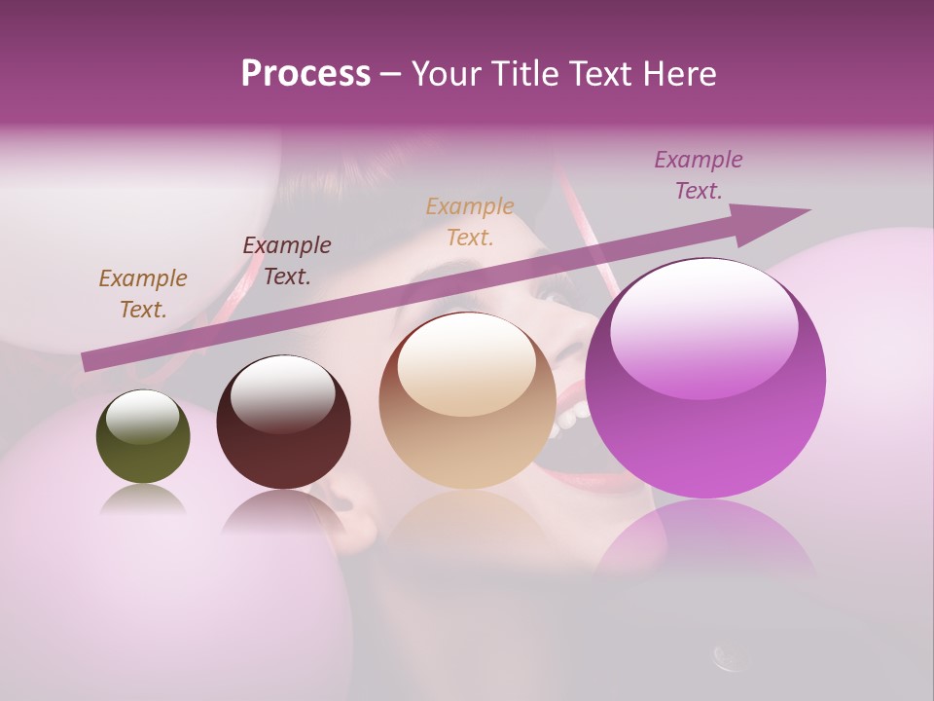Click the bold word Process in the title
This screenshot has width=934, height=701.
point(305,74)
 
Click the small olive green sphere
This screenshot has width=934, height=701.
point(143,437)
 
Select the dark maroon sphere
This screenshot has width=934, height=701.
point(283,423)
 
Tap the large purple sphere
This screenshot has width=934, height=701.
point(705,379)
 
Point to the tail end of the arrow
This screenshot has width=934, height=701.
point(88,361)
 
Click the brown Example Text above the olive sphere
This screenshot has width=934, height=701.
point(143,293)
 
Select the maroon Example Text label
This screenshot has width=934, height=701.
point(287,260)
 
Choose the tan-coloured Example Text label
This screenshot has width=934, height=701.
point(470,221)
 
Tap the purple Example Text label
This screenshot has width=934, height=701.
point(699,174)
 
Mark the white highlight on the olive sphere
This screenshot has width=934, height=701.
point(143,417)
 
